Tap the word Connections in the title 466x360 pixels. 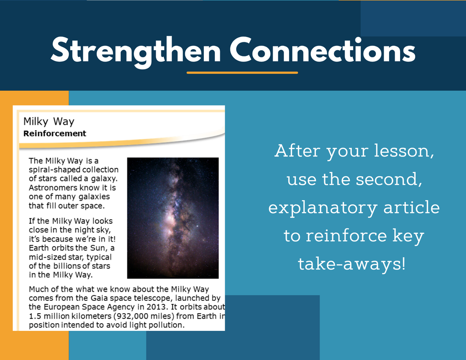coord(323,50)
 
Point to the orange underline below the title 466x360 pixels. coord(242,72)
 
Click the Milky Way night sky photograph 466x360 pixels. coord(173,218)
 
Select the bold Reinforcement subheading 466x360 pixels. coord(55,133)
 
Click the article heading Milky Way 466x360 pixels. coord(49,122)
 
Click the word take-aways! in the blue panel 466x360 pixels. coord(352,264)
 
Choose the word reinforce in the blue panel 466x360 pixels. coord(346,235)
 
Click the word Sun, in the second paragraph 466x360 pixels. coord(97,248)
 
